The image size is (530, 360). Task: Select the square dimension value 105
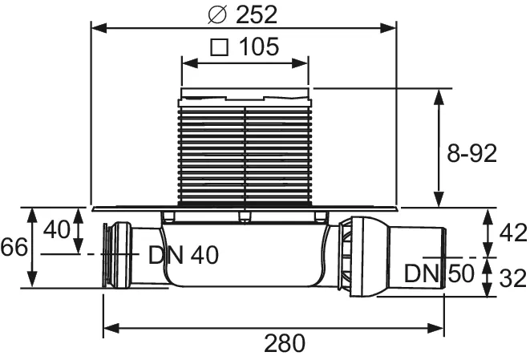[x=257, y=47]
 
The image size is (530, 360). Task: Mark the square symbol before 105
[x=216, y=48]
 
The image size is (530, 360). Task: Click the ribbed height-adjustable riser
[x=244, y=152]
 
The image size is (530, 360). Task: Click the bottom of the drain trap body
[x=244, y=285]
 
